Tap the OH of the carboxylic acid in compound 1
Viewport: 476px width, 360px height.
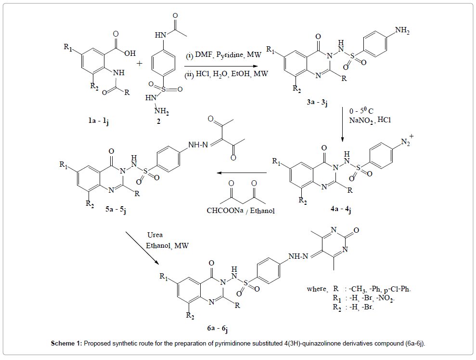[x=129, y=53]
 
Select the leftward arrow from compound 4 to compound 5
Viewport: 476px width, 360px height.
[x=241, y=173]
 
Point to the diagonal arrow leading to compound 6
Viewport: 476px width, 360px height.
[x=142, y=248]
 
